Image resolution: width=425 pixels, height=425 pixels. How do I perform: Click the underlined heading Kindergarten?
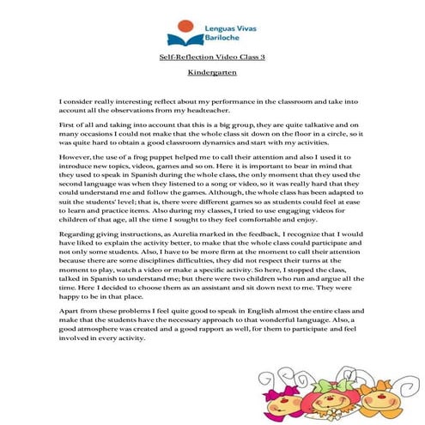pyautogui.click(x=211, y=72)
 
